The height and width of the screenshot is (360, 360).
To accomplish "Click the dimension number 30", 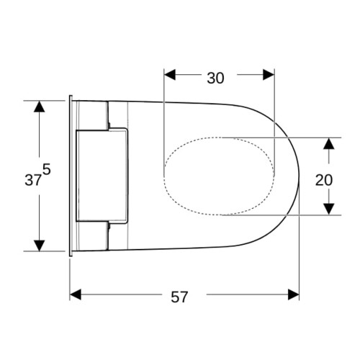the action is coord(215,78).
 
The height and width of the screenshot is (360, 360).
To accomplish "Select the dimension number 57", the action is coord(179,297).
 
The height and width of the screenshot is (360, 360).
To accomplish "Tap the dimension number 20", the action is coord(324,180).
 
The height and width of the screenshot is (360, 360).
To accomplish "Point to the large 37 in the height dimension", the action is coord(33,180).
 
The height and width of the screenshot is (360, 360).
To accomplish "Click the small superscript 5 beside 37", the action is coord(47,170).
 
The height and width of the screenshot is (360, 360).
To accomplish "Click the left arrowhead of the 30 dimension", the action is coord(170,75).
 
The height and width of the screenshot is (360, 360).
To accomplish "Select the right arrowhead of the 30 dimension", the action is coord(269,75).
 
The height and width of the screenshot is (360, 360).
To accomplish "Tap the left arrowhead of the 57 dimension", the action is coord(76,294).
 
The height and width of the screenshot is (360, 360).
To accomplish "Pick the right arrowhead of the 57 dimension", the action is coord(294,294).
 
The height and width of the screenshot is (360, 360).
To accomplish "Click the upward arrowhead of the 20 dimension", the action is coord(329,144).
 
